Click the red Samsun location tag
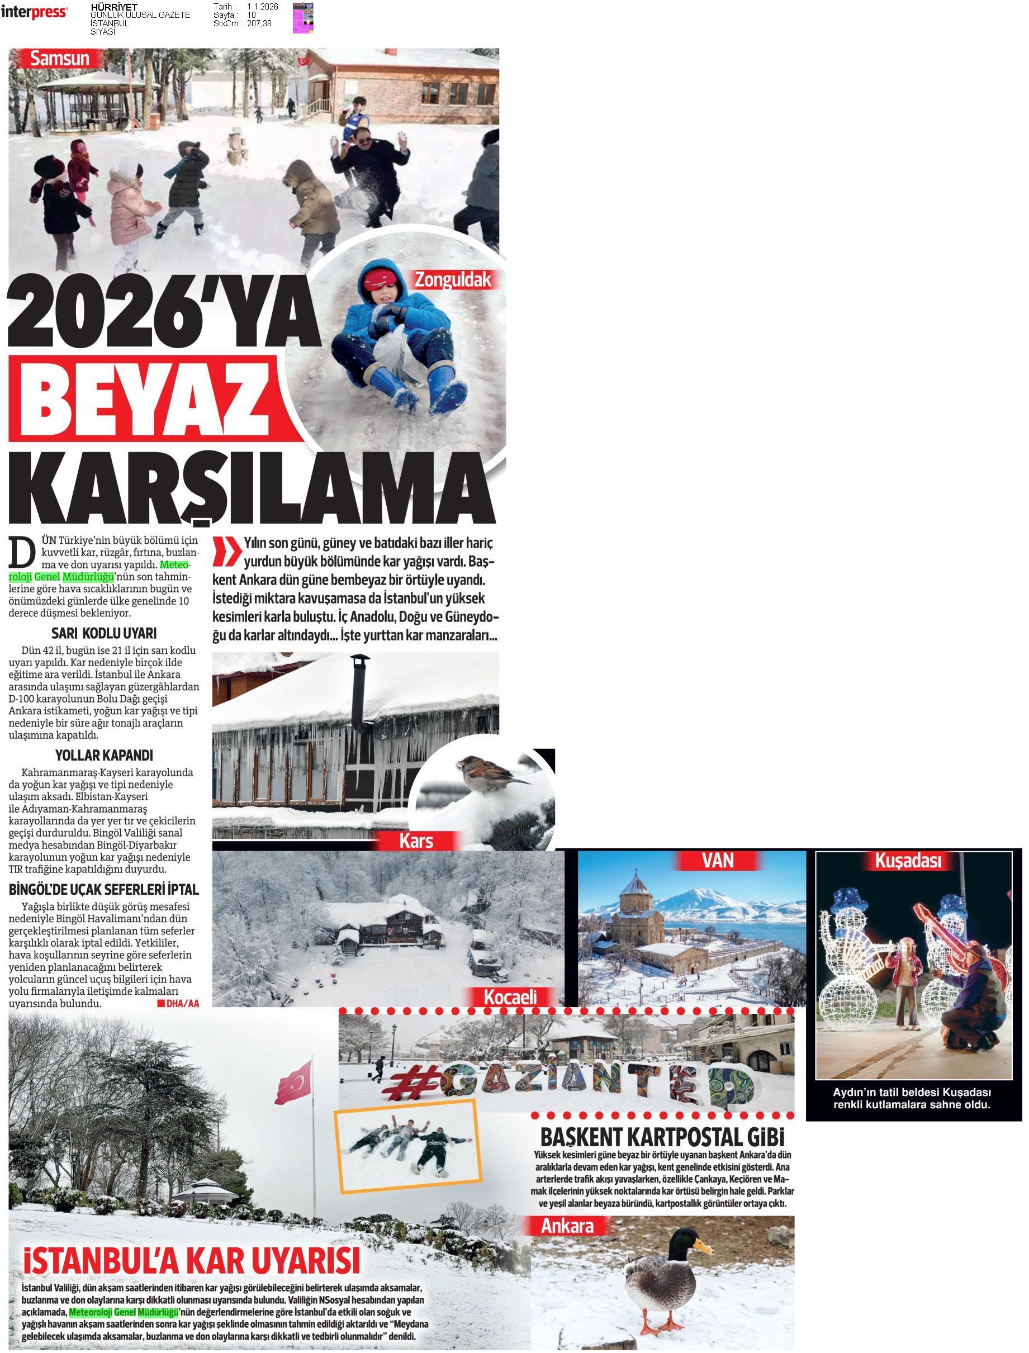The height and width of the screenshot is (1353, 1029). coord(59,59)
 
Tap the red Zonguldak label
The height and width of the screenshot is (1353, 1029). coord(453,280)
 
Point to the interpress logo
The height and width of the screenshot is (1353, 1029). coord(34,12)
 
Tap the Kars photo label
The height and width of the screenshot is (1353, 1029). coord(416,841)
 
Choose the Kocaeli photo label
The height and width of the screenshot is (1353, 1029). coord(510,997)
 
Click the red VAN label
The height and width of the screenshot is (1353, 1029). coord(717,861)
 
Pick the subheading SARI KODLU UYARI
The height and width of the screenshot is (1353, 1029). coord(103,634)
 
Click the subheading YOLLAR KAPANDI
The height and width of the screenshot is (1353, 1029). coord(104,755)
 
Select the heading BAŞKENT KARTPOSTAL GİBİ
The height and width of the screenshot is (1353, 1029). coord(662,1137)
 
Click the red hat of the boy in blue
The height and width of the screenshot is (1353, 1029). coord(381,279)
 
